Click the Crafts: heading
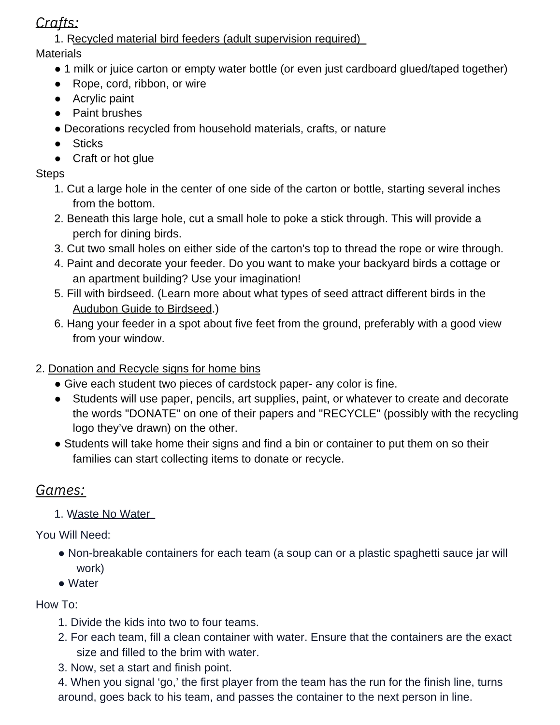click(57, 23)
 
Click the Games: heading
click(60, 490)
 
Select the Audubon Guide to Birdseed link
click(142, 309)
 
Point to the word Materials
click(58, 54)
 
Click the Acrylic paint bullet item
click(103, 99)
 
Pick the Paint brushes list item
click(107, 113)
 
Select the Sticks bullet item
click(87, 144)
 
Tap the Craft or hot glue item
click(113, 159)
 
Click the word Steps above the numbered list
click(50, 174)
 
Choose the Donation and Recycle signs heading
click(154, 369)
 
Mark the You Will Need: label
click(73, 535)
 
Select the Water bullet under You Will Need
click(83, 583)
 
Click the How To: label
click(57, 605)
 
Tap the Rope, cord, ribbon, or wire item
click(139, 84)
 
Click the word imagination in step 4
click(267, 279)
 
